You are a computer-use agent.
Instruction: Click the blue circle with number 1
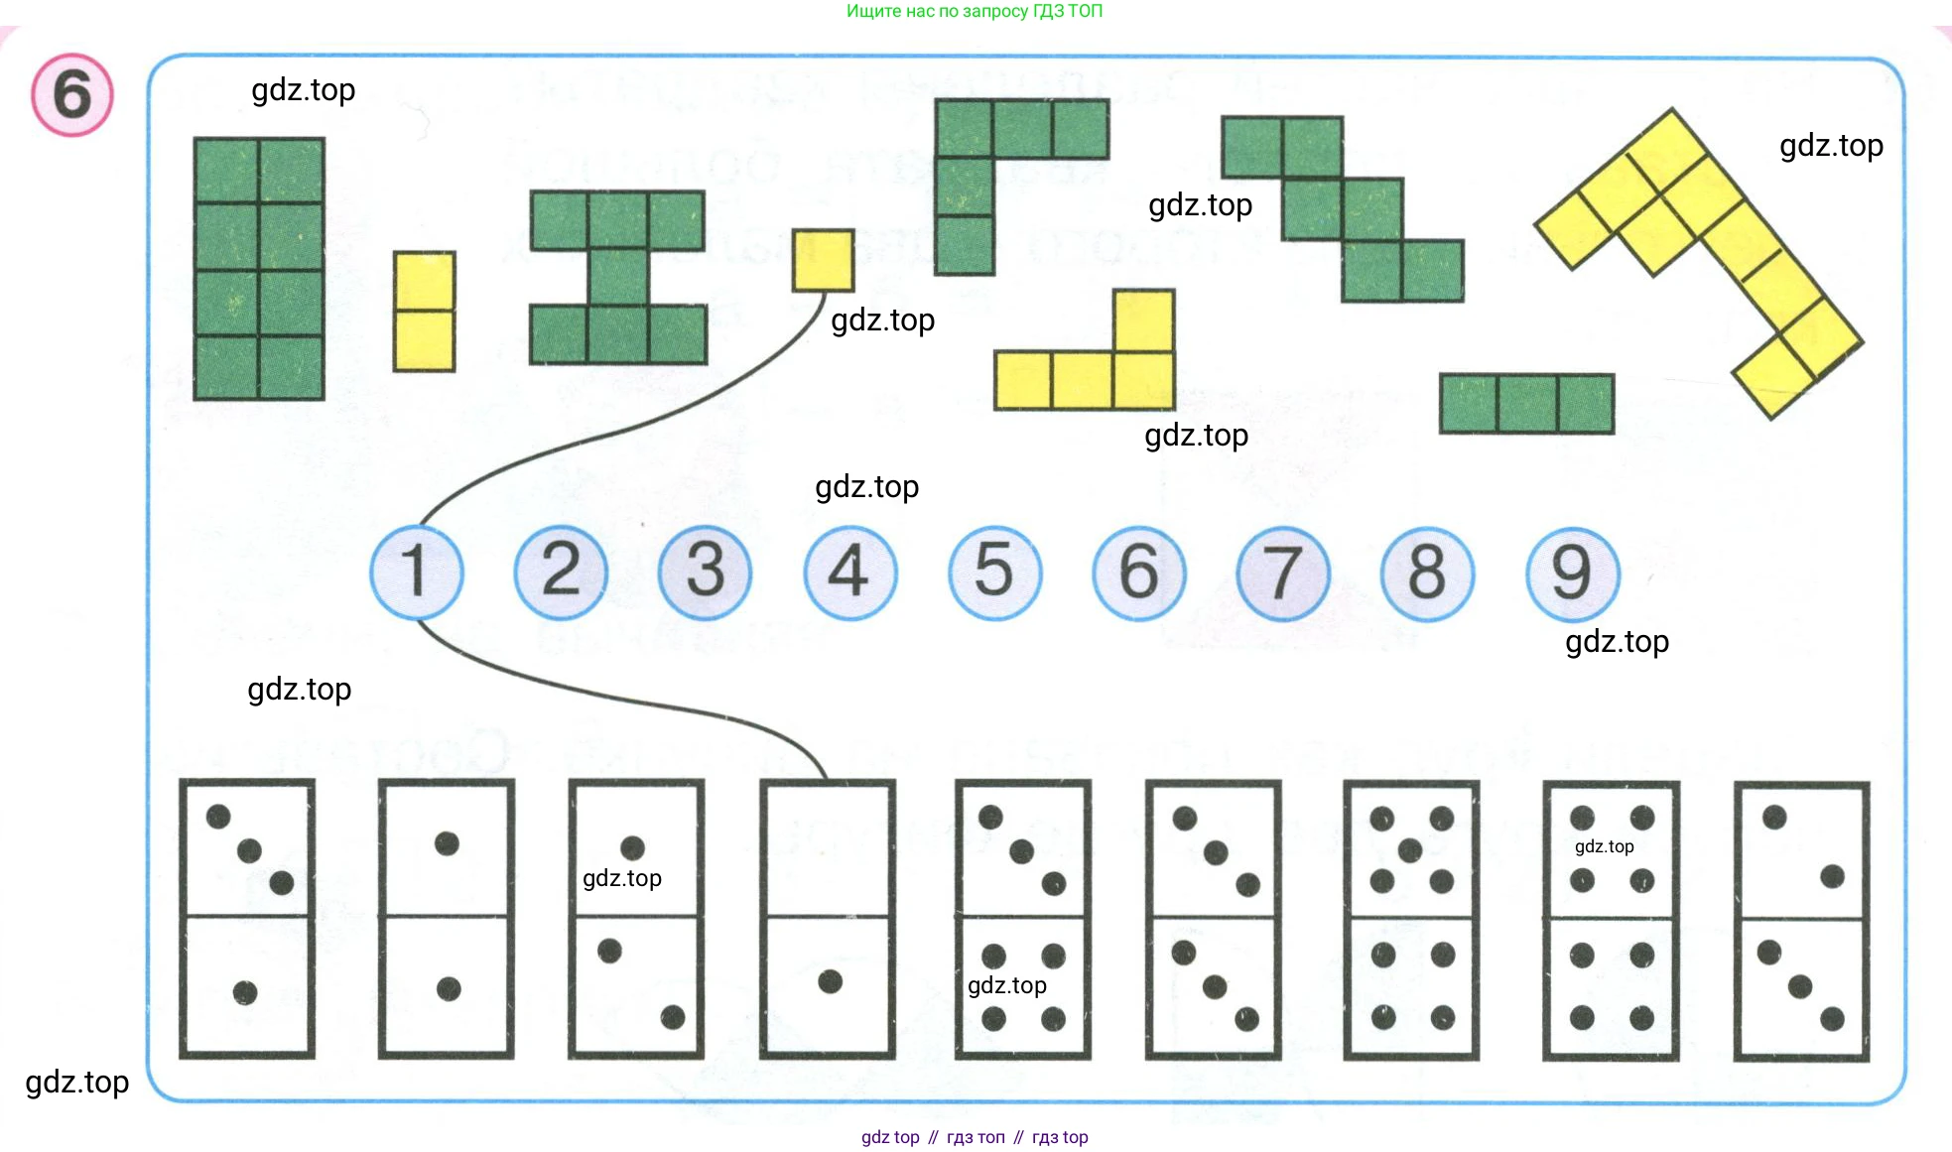(417, 573)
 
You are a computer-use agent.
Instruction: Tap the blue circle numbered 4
(850, 573)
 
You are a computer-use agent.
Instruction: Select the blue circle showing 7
(1283, 574)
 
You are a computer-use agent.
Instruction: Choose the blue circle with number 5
(994, 573)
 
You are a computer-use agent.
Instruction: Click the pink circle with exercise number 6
(72, 95)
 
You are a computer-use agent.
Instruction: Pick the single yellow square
(823, 261)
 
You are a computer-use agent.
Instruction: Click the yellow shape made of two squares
(424, 312)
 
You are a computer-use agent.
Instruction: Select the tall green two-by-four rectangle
(259, 269)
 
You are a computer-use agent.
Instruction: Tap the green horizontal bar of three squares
(1526, 404)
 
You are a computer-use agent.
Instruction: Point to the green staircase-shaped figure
(1343, 208)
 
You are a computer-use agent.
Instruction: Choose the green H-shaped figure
(618, 278)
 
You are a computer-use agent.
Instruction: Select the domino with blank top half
(828, 919)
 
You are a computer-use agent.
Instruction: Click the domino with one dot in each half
(447, 919)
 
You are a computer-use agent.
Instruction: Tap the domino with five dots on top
(1411, 919)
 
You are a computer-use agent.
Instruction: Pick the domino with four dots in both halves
(1611, 919)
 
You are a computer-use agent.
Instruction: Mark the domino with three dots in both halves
(1213, 919)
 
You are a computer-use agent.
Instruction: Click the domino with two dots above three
(1801, 919)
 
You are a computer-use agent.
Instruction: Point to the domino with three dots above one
(247, 919)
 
